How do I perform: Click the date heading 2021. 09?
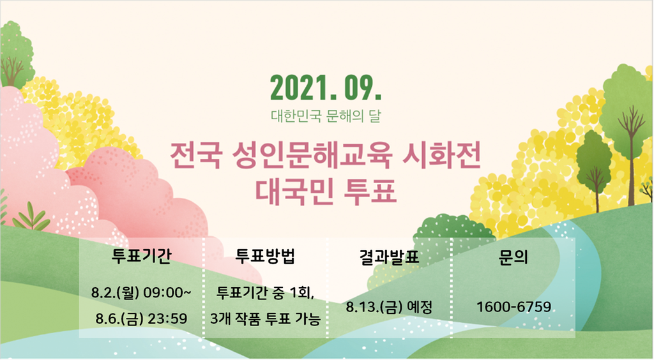point(326,88)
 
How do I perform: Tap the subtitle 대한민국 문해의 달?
point(326,116)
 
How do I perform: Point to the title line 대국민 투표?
point(325,191)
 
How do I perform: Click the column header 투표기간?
point(141,256)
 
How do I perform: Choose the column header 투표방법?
point(265,256)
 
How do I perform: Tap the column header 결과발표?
point(389,257)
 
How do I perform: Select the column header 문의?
point(513,257)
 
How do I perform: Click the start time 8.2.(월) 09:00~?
point(141,293)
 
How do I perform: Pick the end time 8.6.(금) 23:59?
point(141,319)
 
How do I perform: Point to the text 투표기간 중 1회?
point(265,293)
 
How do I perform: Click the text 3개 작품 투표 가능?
point(265,319)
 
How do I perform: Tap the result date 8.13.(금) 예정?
point(389,308)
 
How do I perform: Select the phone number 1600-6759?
point(513,307)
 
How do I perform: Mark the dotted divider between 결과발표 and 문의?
point(452,287)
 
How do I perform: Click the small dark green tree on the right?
point(595,167)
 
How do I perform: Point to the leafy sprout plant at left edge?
point(31,216)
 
